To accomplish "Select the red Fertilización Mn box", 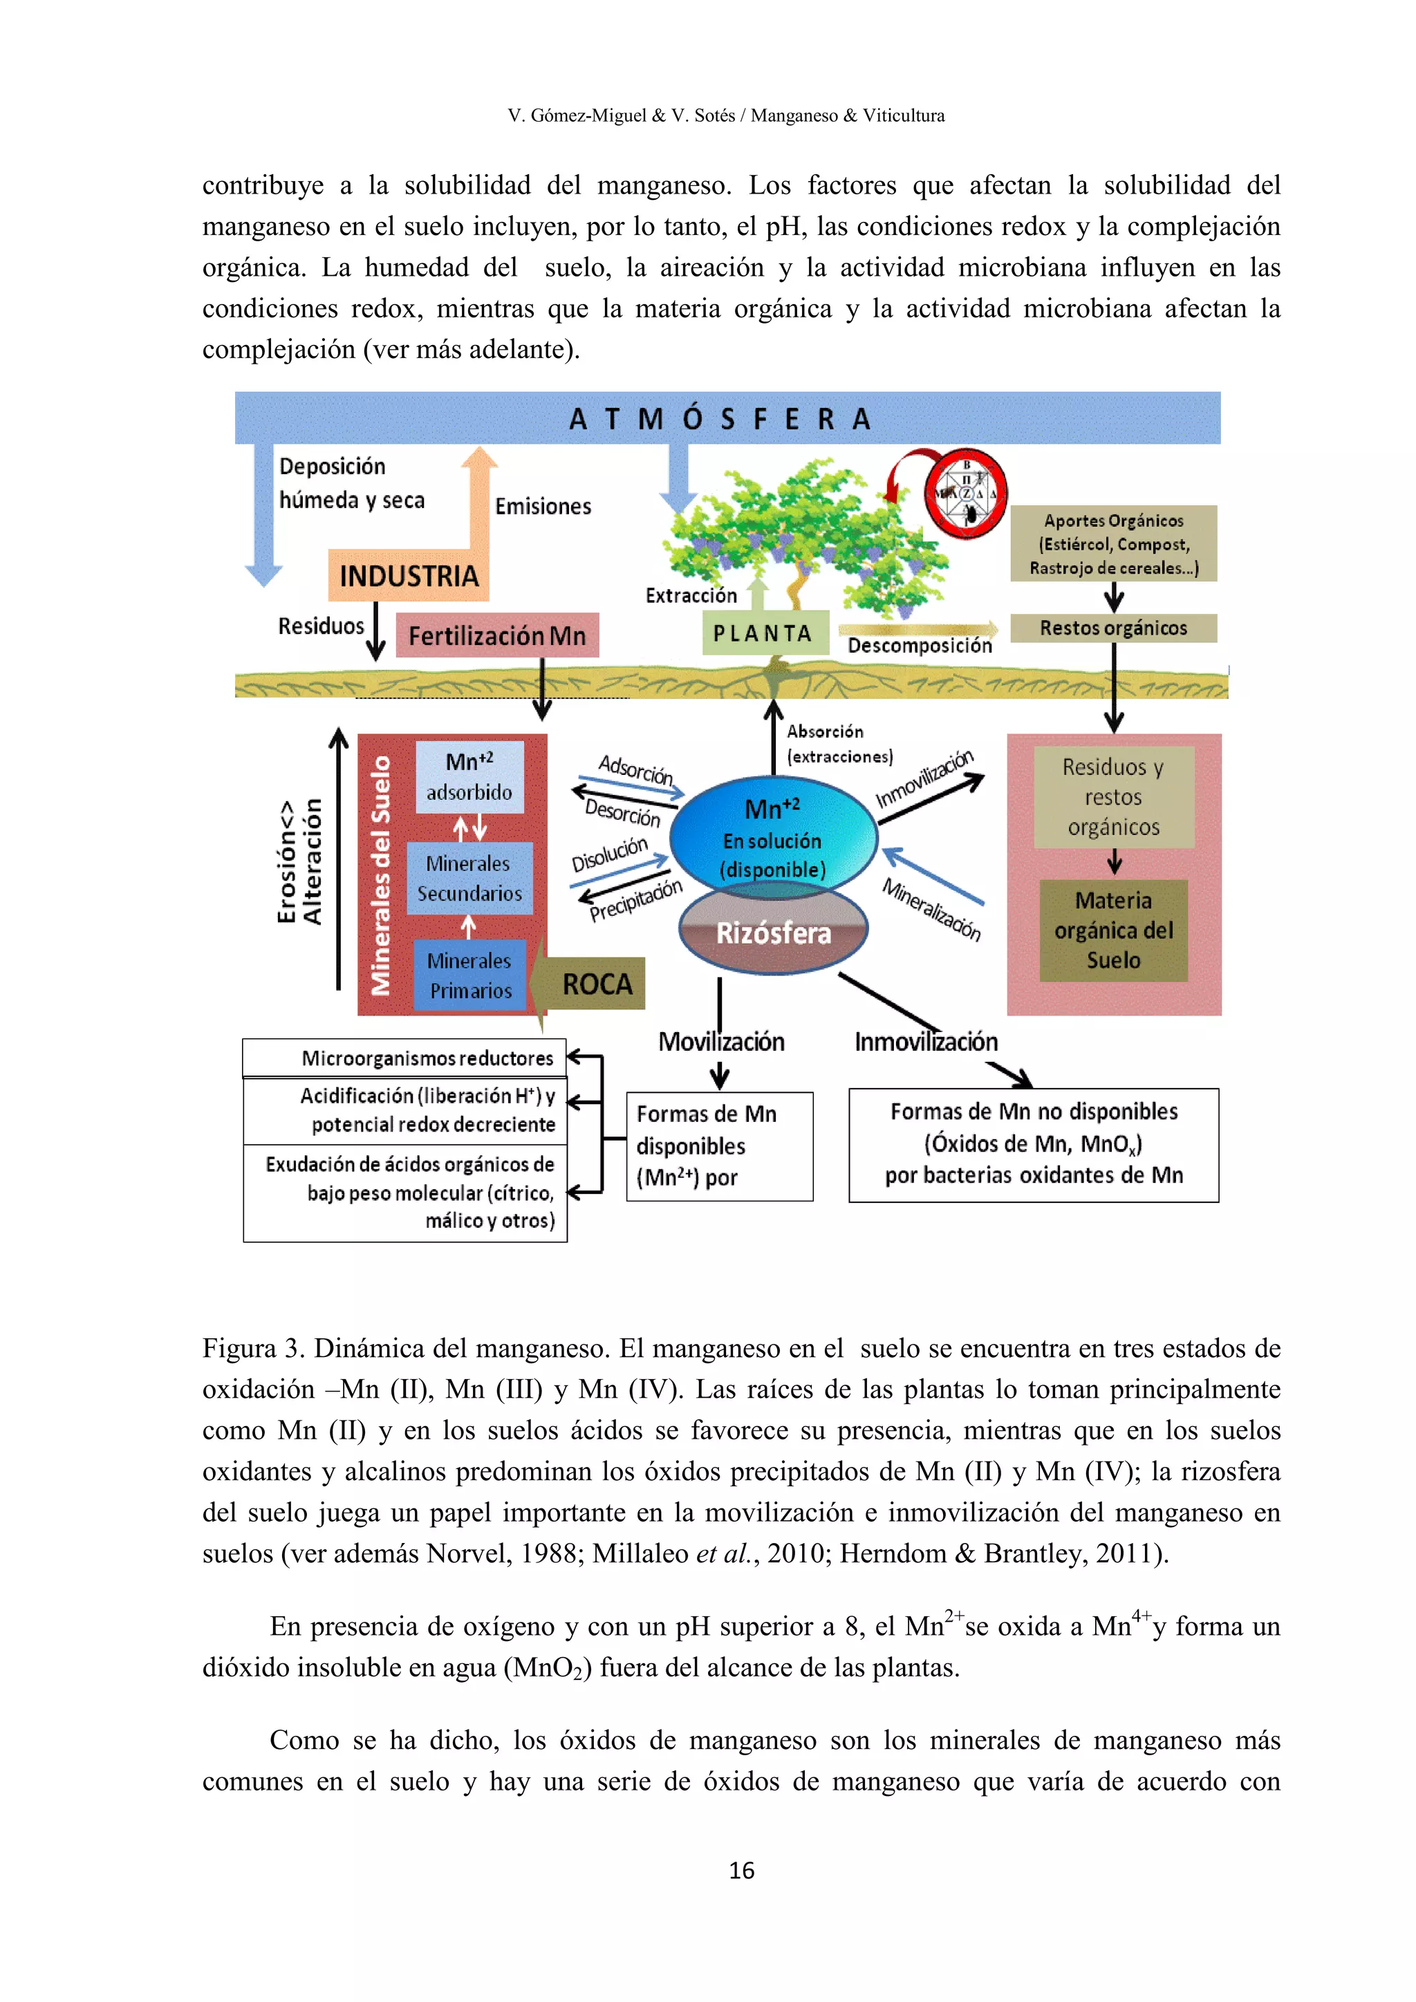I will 497,636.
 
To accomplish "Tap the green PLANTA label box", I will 765,633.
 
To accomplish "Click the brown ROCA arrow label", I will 597,984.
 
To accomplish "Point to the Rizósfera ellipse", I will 774,934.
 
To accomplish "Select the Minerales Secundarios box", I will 469,878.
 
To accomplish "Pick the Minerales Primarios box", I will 470,975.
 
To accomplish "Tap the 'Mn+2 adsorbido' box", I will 469,777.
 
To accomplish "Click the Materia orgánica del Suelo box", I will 1112,930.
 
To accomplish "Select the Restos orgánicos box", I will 1112,628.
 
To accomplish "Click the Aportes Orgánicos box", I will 1112,543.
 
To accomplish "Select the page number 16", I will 741,1871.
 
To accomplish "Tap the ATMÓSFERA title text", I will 720,420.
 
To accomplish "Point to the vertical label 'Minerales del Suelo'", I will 381,874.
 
